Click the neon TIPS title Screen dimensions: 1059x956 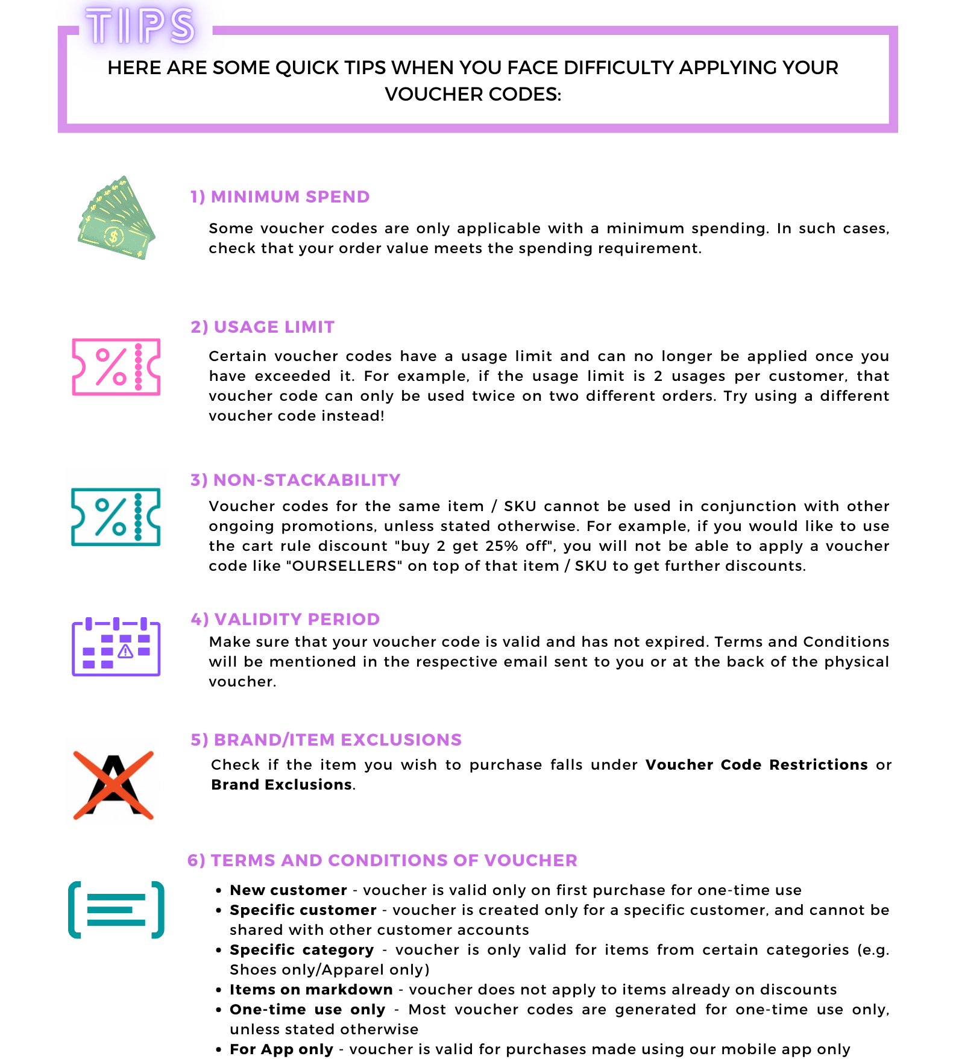tap(140, 27)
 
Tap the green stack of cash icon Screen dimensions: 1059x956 tap(116, 218)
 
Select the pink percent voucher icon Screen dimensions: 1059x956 tap(116, 366)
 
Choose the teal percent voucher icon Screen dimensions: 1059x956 tap(116, 517)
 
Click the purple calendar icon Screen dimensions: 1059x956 tap(116, 647)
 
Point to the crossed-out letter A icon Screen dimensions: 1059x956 tap(113, 785)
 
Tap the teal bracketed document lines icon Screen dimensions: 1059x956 tap(116, 910)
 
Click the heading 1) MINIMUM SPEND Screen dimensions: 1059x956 tap(280, 196)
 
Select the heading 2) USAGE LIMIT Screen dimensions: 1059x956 tap(262, 327)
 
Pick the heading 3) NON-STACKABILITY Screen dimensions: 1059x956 tap(295, 480)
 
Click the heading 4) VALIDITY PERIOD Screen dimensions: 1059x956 tap(285, 619)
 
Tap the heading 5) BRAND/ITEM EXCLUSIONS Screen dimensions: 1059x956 tap(326, 740)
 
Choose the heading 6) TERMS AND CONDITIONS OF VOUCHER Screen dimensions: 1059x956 tap(382, 860)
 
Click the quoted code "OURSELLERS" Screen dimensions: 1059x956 tap(344, 566)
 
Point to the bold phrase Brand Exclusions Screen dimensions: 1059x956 tap(281, 785)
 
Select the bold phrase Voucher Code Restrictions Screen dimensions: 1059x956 tap(756, 765)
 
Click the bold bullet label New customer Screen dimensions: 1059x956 tap(288, 890)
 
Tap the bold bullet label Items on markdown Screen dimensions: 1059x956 tap(311, 990)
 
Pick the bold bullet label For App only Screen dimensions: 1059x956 tap(281, 1049)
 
